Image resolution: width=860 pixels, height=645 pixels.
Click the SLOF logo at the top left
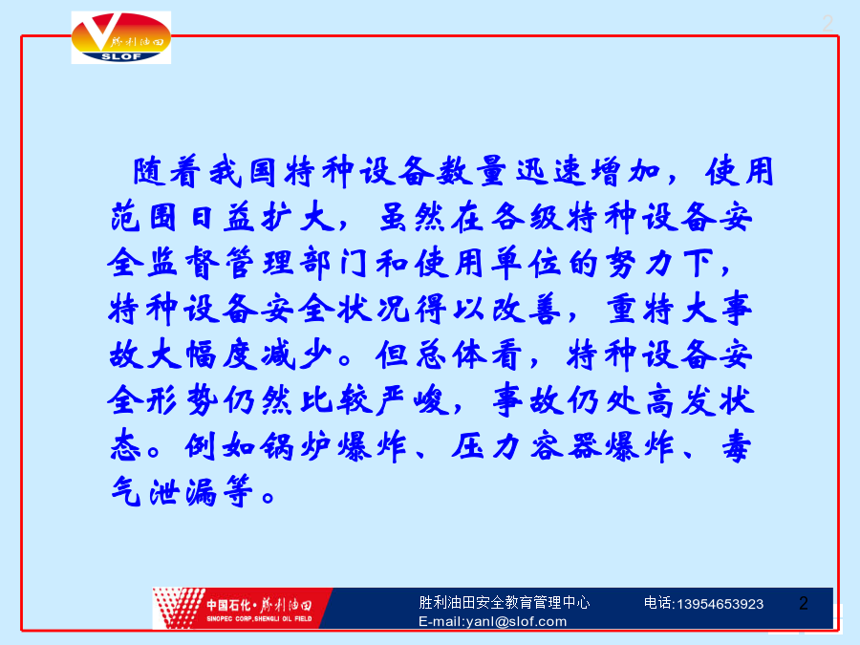(121, 37)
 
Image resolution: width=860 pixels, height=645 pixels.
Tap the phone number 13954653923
(720, 605)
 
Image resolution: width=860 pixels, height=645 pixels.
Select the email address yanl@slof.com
(516, 621)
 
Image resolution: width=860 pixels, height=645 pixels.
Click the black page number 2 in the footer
(804, 603)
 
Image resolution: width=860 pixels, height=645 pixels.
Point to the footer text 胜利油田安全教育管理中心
(504, 602)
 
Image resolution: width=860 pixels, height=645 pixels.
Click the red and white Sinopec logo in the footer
(242, 609)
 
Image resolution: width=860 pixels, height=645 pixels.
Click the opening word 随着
(166, 172)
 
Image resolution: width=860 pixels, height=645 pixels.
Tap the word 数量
(471, 172)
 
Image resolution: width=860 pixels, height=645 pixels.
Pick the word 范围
(143, 217)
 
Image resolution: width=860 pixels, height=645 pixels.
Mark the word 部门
(334, 263)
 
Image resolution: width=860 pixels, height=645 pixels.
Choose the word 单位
(526, 263)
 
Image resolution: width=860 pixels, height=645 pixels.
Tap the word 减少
(297, 355)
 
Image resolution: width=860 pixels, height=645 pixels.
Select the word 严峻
(412, 400)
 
